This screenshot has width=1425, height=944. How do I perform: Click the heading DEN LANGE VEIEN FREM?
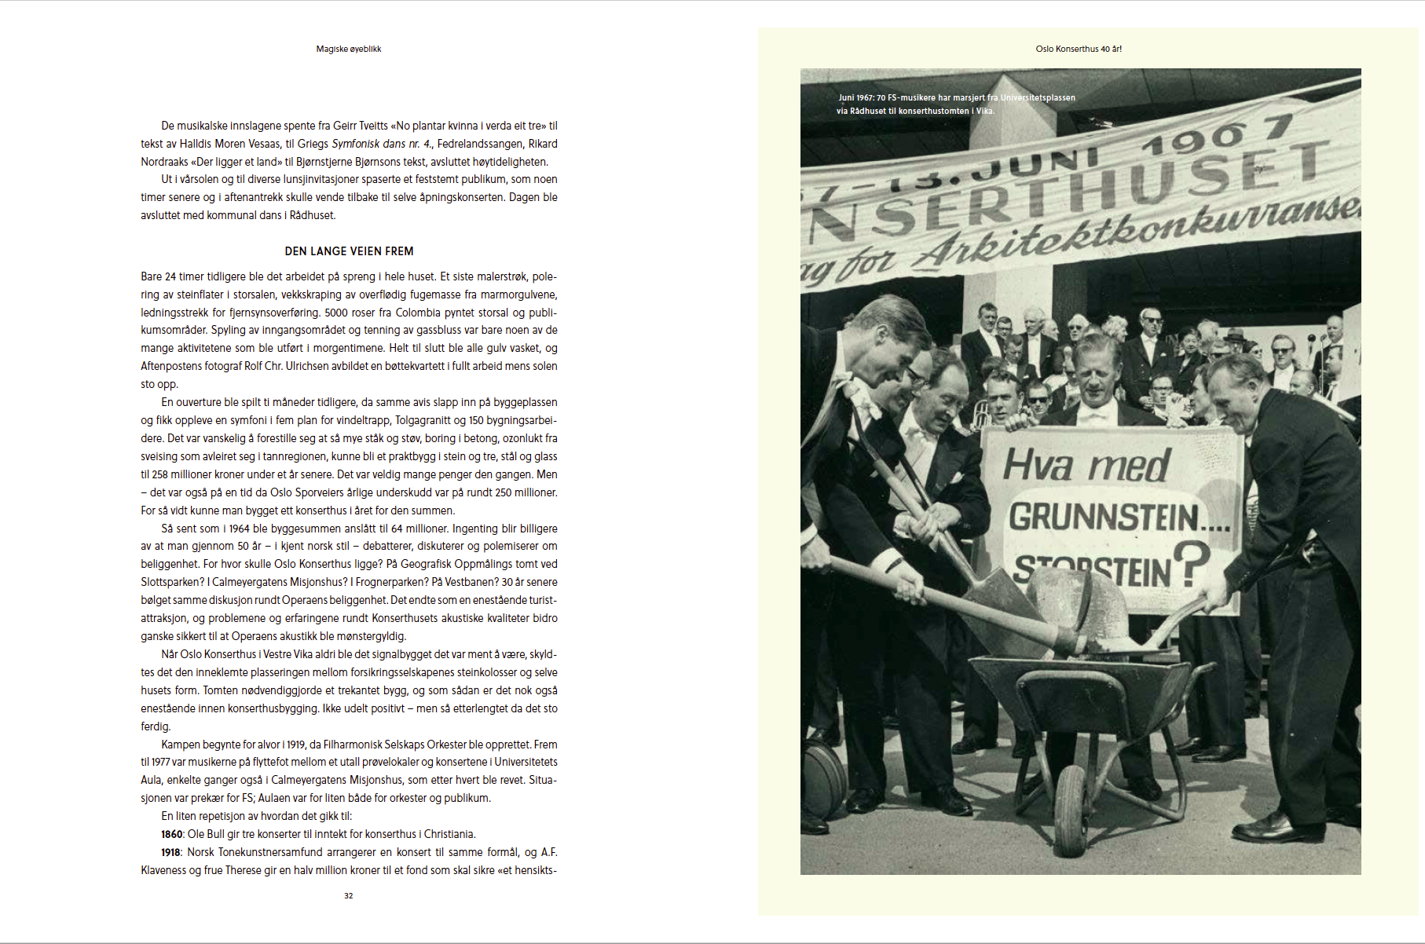click(x=349, y=251)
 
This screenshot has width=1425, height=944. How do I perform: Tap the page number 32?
click(x=349, y=895)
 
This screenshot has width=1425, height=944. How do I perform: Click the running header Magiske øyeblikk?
click(x=349, y=49)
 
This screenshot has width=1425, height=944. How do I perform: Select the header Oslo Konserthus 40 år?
click(x=1079, y=49)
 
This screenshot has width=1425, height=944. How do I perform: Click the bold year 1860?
click(x=172, y=834)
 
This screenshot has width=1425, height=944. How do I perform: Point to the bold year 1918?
click(x=171, y=852)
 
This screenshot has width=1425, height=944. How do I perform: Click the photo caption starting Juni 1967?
click(x=956, y=104)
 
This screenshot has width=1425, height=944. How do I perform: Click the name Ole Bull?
click(x=206, y=834)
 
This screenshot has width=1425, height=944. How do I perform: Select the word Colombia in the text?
click(x=418, y=313)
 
